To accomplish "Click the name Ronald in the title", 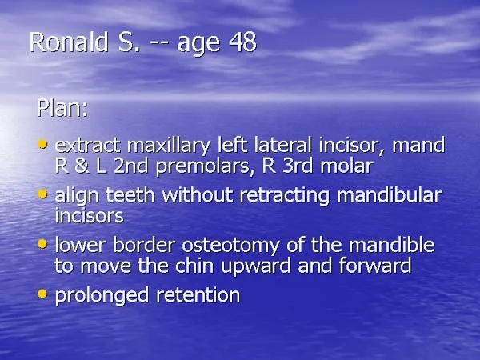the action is (x=69, y=42).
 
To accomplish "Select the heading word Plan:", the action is (x=62, y=108).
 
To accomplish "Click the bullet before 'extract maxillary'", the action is (x=43, y=144).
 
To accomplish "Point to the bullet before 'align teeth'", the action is (x=43, y=194).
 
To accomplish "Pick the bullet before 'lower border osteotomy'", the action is (x=43, y=244).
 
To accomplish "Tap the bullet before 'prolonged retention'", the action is (x=43, y=294).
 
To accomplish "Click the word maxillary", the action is (x=169, y=146).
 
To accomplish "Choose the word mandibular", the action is (x=390, y=194).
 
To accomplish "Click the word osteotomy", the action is (x=231, y=246).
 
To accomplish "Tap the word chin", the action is (x=194, y=265).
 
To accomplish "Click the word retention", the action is (x=198, y=295).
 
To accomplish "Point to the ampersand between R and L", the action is (x=82, y=166).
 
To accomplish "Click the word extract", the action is (x=87, y=145).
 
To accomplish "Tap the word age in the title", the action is (x=198, y=45).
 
